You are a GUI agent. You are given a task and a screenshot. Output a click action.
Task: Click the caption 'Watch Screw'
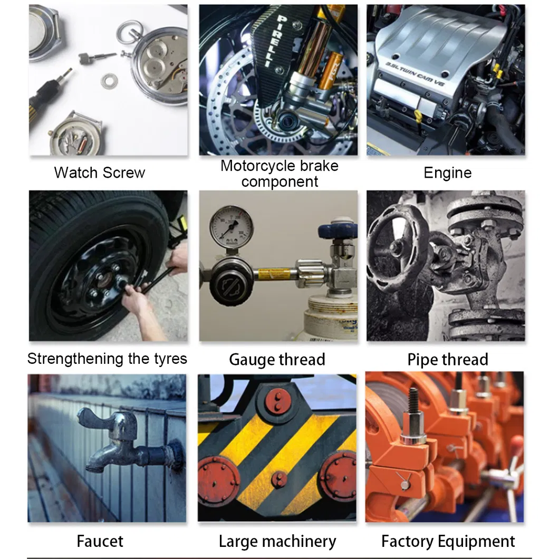tap(99, 172)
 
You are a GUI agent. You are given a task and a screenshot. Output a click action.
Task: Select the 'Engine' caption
tap(447, 172)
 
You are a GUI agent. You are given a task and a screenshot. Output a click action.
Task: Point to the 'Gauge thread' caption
tap(277, 360)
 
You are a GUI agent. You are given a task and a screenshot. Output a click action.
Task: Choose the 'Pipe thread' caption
tap(447, 360)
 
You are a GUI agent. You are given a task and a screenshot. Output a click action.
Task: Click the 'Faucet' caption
tap(100, 541)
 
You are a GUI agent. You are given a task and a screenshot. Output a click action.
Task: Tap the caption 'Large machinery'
tap(277, 541)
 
